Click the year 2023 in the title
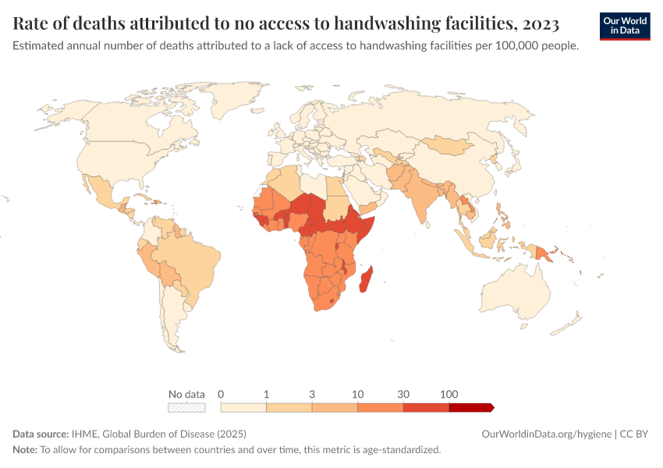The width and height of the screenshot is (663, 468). (x=536, y=24)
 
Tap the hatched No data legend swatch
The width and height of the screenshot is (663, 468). (x=186, y=407)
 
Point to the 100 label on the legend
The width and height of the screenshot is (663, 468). (x=449, y=394)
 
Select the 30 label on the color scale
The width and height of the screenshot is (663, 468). (x=403, y=394)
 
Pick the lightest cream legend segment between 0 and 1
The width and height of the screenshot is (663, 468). (x=243, y=407)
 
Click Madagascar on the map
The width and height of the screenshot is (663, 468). (x=365, y=279)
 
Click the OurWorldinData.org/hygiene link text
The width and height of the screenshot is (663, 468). (x=547, y=434)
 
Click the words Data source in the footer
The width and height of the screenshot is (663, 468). (x=41, y=434)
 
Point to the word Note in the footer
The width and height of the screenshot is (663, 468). (x=24, y=450)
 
